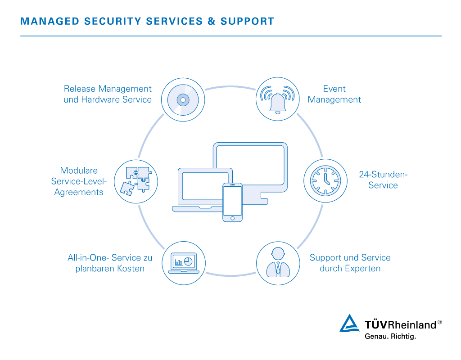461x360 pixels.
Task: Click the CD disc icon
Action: pos(183,100)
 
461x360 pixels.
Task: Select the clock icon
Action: pos(325,181)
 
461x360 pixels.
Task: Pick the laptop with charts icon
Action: pos(184,263)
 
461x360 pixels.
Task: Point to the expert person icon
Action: pos(278,262)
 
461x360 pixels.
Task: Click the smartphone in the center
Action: pos(232,202)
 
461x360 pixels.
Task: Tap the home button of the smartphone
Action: pos(232,218)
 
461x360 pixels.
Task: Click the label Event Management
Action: pos(334,94)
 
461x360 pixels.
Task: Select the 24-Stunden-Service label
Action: pos(383,180)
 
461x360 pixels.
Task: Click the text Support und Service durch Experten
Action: pos(350,263)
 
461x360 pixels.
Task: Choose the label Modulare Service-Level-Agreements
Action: pos(79,181)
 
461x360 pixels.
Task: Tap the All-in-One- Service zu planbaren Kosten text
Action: pos(110,263)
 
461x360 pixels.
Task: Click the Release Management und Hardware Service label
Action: pos(108,94)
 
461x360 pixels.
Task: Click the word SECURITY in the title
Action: pos(113,21)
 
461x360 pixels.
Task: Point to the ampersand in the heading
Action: pos(212,21)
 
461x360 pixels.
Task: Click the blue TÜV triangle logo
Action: pos(349,323)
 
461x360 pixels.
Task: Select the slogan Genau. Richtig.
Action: pos(390,336)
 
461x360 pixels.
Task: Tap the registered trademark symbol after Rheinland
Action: pos(439,322)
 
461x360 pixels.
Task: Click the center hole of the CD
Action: pos(183,100)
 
